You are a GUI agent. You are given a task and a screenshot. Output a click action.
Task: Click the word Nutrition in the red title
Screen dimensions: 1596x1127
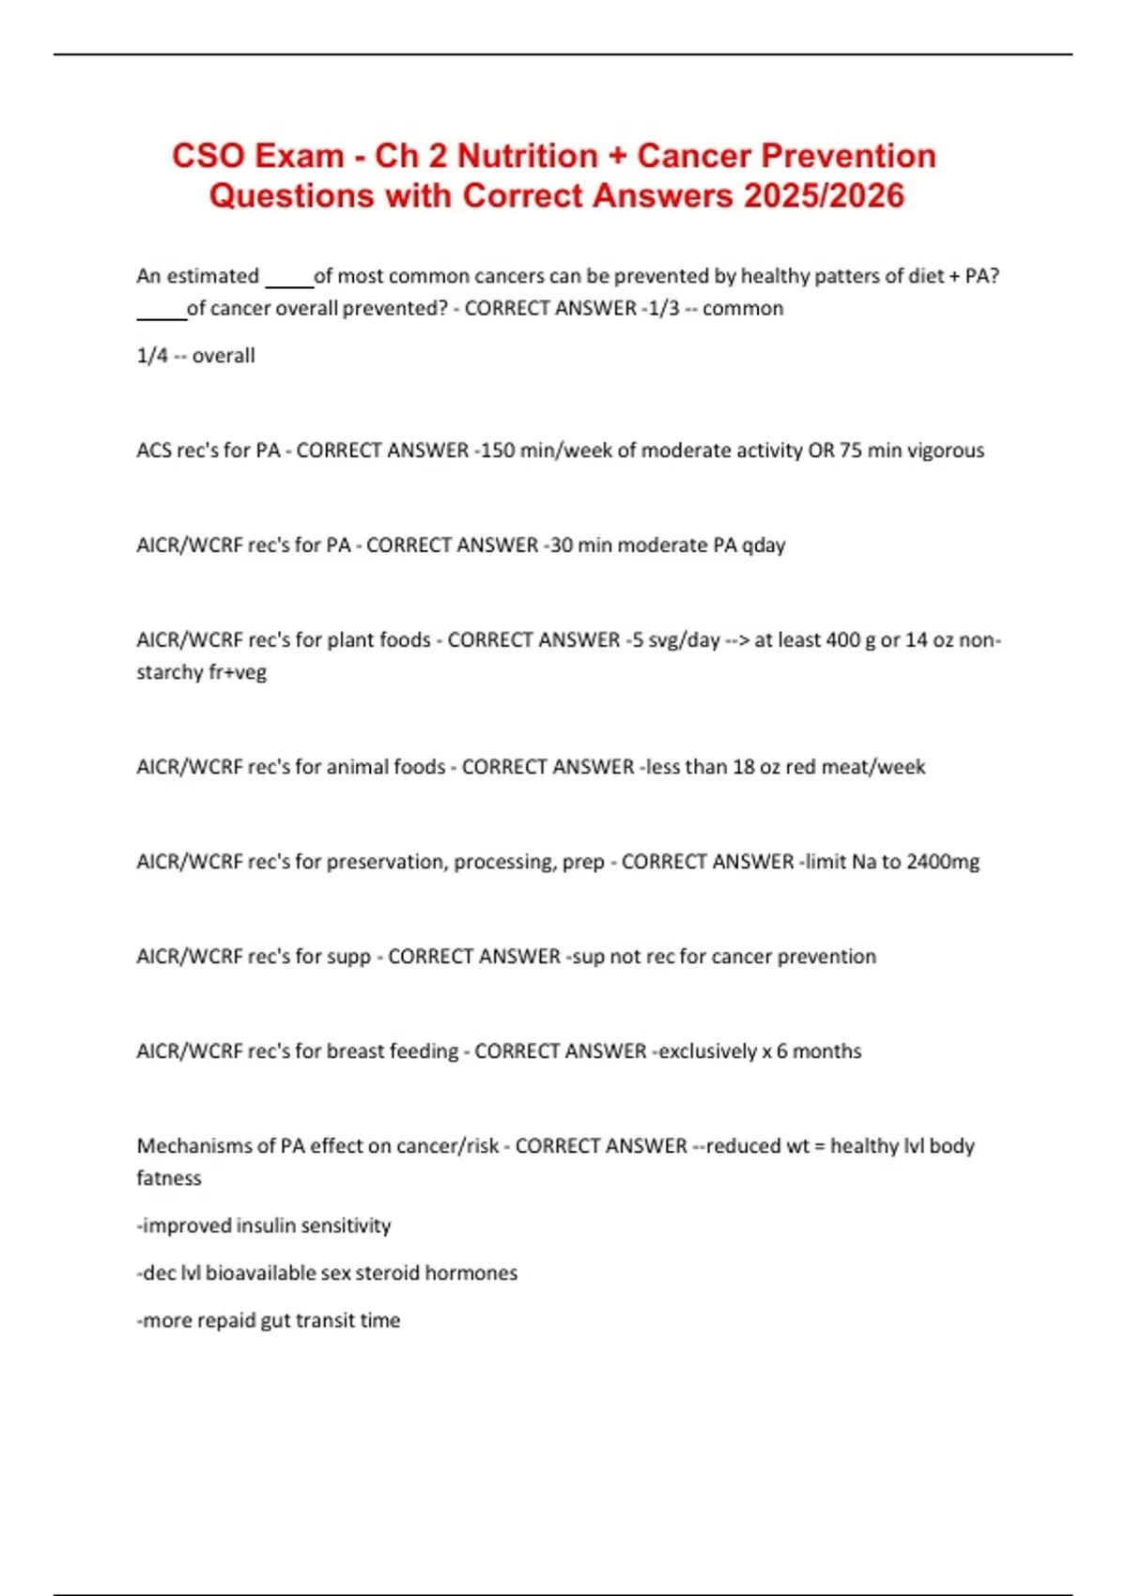[x=527, y=156]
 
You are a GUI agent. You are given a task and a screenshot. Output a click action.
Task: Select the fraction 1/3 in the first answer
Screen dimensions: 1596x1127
[x=664, y=308]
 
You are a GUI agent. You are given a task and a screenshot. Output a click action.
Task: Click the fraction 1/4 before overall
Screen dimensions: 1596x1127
[x=152, y=356]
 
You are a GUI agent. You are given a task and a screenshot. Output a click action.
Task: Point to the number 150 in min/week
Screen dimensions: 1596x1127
[x=498, y=451]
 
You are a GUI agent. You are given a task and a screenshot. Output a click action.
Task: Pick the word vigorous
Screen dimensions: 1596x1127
[x=945, y=451]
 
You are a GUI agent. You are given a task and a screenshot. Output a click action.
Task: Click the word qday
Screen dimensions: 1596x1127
[x=764, y=545]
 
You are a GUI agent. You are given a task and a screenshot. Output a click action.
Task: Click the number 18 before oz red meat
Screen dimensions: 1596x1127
[x=744, y=767]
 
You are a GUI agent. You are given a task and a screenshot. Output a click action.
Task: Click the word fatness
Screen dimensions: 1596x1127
[x=169, y=1178]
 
